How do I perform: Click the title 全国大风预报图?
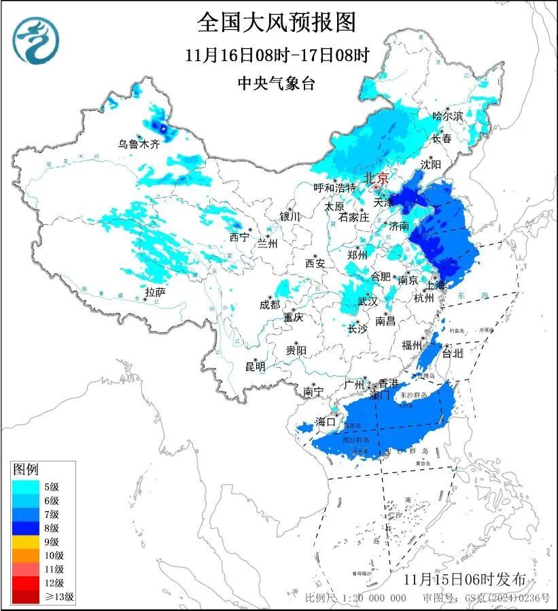pos(277,22)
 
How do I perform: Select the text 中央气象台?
pos(277,83)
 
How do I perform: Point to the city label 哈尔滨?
pos(447,116)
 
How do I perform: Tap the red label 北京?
pos(376,178)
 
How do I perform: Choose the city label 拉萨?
pos(155,292)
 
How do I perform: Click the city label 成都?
pos(269,305)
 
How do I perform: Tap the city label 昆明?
pos(255,366)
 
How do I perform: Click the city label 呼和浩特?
pos(334,188)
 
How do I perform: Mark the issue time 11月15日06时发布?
pos(464,579)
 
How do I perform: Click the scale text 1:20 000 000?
pos(371,598)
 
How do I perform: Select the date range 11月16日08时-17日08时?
pos(277,54)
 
